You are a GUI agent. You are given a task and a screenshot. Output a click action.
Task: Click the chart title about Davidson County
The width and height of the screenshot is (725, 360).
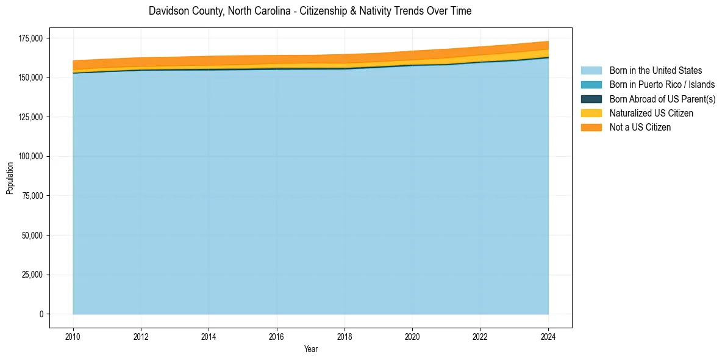[310, 11]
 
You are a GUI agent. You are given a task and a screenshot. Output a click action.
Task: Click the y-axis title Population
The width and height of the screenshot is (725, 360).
[10, 178]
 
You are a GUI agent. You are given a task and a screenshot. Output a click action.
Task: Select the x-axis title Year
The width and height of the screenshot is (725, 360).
[310, 349]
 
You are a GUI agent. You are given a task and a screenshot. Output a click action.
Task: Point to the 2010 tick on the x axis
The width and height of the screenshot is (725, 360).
[73, 335]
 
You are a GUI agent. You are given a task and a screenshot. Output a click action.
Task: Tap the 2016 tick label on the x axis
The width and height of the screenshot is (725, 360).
[277, 335]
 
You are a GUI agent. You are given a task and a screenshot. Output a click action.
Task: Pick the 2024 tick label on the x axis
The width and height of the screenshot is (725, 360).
[548, 335]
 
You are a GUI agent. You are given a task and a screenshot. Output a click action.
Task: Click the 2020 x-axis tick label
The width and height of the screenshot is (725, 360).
[412, 335]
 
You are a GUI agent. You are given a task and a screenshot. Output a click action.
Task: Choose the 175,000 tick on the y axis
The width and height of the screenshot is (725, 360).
[31, 38]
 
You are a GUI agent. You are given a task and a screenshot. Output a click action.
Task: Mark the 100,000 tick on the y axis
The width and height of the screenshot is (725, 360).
[31, 156]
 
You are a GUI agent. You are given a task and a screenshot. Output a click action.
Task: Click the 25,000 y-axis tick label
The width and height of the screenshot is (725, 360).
[33, 275]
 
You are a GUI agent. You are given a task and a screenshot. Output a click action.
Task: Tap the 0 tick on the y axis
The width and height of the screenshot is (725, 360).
[41, 314]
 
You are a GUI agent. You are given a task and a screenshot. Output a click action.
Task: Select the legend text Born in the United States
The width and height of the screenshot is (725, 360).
[655, 71]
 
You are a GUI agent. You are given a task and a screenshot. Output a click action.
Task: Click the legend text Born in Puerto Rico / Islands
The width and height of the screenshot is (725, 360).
[662, 85]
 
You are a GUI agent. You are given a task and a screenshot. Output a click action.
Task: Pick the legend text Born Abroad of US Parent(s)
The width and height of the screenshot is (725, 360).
[662, 99]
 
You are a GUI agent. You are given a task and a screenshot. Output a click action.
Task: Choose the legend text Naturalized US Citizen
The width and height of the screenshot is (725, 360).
[651, 113]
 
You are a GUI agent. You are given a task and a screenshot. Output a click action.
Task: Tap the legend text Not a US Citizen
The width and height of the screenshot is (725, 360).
[640, 127]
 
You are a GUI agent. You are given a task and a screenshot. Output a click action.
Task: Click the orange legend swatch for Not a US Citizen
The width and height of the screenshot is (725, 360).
[591, 127]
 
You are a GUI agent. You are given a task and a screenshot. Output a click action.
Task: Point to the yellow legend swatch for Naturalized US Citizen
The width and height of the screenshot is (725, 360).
[591, 113]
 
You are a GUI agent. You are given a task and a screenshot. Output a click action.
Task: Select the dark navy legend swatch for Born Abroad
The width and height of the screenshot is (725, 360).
[591, 99]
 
